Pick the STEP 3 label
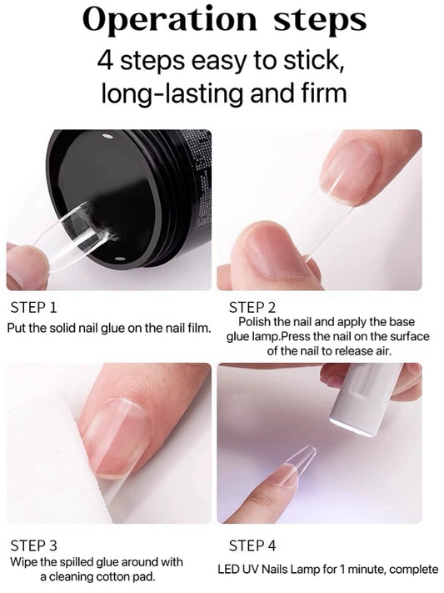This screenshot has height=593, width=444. [34, 545]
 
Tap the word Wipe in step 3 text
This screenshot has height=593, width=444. [25, 562]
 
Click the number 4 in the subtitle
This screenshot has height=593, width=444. [105, 60]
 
